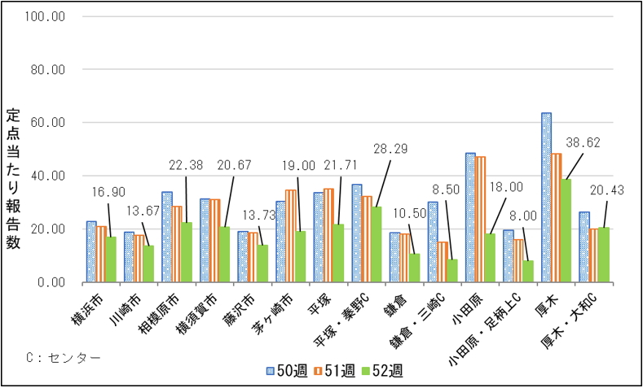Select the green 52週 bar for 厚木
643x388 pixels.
pyautogui.click(x=566, y=231)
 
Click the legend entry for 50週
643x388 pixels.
pyautogui.click(x=288, y=371)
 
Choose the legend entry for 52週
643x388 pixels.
pyautogui.click(x=382, y=371)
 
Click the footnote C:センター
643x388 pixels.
pyautogui.click(x=64, y=357)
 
